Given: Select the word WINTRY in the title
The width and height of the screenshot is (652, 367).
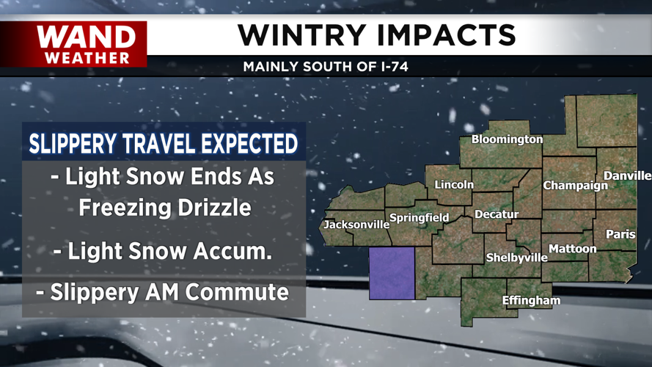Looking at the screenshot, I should [301, 35].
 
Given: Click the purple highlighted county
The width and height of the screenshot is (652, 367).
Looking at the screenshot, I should [392, 273].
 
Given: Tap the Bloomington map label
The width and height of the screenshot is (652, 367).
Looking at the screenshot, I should [507, 139].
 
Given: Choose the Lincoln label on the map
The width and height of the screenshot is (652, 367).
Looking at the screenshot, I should [454, 185].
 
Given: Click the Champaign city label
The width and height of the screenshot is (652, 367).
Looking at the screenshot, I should [575, 186].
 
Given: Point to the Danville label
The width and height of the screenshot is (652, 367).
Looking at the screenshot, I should [627, 176].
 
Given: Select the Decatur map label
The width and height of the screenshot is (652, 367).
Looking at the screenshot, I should [497, 214].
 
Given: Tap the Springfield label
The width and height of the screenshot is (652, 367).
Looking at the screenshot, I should [419, 218].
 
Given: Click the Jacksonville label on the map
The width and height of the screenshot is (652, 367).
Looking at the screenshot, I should [356, 225].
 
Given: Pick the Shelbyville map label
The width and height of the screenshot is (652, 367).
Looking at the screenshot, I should [517, 258].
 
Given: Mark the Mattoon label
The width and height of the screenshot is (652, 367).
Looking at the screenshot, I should [573, 249].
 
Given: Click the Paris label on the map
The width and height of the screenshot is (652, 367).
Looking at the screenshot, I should [620, 234].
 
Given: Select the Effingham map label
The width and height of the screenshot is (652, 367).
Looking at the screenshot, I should [531, 300].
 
